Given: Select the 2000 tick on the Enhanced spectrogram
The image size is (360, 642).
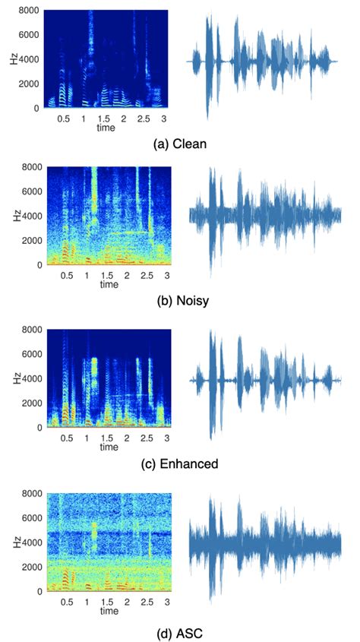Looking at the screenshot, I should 30,403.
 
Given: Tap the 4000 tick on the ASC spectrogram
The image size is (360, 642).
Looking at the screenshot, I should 30,542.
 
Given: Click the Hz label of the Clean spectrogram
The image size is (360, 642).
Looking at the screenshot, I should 14,59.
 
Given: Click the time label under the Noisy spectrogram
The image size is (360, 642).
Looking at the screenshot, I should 109,284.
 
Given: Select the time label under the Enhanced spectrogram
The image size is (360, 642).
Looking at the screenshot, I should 109,448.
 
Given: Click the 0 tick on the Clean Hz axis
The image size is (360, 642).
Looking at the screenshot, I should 34,108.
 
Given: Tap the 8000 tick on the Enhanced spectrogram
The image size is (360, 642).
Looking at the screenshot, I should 30,330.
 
